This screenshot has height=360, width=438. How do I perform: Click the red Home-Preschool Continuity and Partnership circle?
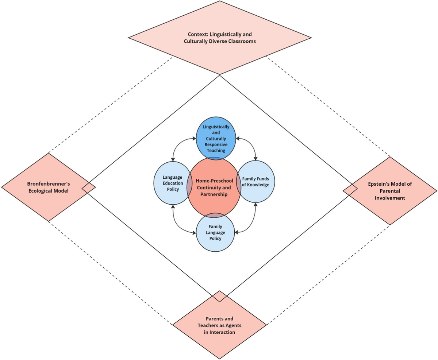pyautogui.click(x=214, y=188)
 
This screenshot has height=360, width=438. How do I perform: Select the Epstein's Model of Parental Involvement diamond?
pyautogui.click(x=389, y=191)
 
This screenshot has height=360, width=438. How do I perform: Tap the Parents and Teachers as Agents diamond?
pyautogui.click(x=219, y=325)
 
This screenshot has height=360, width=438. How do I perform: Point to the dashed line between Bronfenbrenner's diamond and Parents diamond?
pyautogui.click(x=109, y=272)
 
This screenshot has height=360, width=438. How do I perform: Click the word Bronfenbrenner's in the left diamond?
pyautogui.click(x=48, y=183)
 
